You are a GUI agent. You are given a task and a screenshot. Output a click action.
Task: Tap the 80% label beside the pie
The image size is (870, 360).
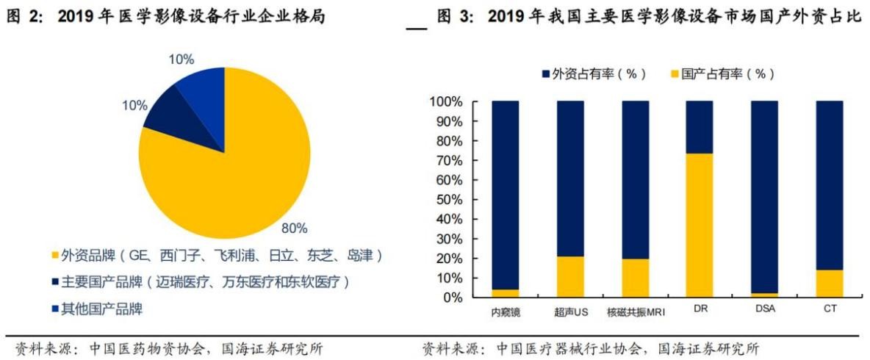click(294, 228)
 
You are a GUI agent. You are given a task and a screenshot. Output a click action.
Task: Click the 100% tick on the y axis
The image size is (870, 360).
click(445, 101)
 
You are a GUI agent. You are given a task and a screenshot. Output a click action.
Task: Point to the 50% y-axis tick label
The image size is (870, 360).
click(448, 200)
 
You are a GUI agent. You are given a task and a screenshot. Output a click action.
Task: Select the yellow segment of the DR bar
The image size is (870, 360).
click(700, 226)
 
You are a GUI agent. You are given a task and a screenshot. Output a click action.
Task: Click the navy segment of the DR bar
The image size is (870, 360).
click(700, 127)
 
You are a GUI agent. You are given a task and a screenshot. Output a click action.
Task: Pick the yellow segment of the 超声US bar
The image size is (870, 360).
click(570, 277)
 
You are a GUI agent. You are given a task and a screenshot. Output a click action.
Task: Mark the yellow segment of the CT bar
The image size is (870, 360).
click(830, 284)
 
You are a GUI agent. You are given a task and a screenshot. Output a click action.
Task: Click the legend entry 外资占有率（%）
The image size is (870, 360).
click(593, 74)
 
